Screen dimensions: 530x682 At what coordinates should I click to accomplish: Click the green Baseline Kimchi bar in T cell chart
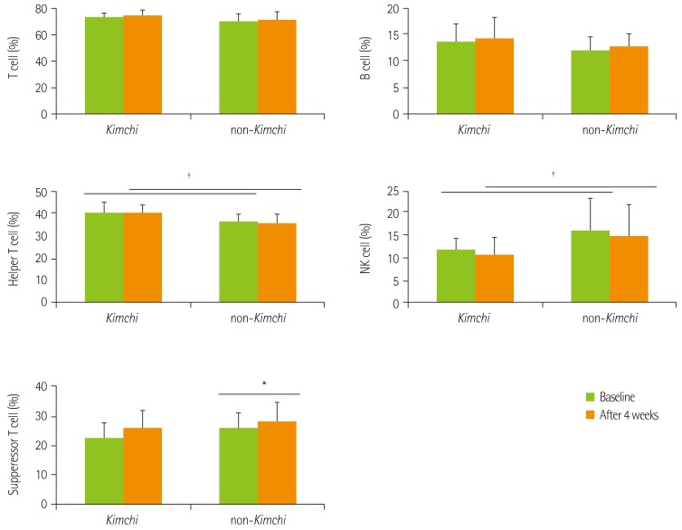point(104,66)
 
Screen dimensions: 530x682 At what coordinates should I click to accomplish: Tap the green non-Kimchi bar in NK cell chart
point(590,266)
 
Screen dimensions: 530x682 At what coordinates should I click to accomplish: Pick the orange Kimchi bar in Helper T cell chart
point(143,257)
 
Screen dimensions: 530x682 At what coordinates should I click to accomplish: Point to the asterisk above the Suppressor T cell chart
point(264,384)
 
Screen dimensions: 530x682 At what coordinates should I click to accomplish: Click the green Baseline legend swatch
point(590,397)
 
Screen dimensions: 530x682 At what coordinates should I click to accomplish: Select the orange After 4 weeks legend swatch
point(590,414)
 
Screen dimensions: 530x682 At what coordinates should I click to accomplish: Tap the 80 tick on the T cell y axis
point(41,9)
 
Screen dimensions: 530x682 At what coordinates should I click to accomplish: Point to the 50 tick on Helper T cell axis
point(41,193)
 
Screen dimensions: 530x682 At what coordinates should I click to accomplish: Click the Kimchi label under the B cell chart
point(475,129)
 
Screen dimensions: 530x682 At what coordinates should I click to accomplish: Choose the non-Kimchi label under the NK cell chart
point(609,317)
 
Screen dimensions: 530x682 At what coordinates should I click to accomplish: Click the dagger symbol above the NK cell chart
point(551,174)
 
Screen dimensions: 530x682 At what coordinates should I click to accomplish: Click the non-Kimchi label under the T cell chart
point(257,129)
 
